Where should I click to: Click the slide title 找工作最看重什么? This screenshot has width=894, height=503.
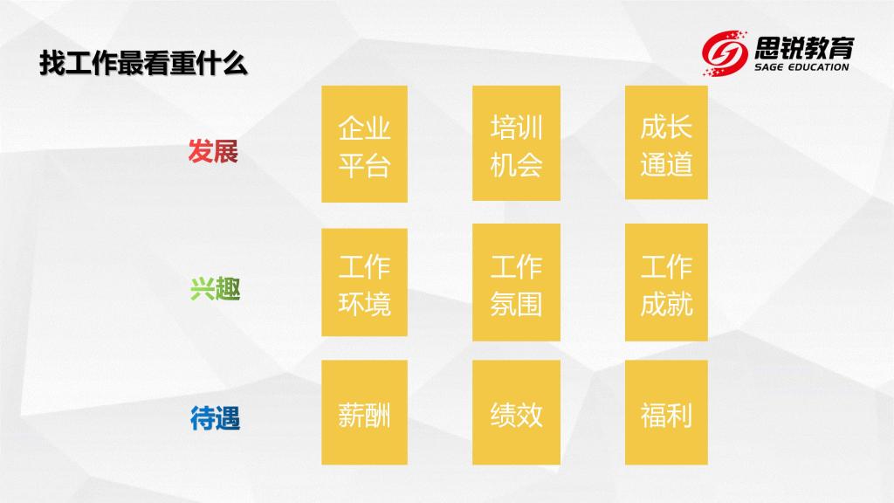click(x=143, y=63)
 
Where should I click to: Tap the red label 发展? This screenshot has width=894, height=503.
click(x=213, y=152)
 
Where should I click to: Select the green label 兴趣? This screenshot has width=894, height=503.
click(x=215, y=288)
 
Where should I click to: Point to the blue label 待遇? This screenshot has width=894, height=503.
click(x=215, y=418)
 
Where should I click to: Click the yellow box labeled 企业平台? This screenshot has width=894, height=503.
click(x=364, y=144)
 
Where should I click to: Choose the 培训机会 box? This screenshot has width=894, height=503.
click(x=516, y=143)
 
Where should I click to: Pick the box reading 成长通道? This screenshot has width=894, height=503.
click(x=666, y=142)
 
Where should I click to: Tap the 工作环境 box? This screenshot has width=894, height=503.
click(x=364, y=282)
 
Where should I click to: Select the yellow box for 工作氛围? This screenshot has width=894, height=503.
click(x=516, y=282)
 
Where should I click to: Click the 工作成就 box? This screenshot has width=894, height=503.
click(x=666, y=282)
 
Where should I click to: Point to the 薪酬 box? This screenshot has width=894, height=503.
click(x=364, y=412)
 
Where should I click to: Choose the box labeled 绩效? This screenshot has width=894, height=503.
click(x=516, y=412)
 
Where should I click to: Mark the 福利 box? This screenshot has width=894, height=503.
click(x=666, y=412)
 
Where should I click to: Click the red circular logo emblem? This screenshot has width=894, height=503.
click(x=725, y=52)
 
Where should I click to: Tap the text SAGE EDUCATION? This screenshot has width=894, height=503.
click(x=801, y=66)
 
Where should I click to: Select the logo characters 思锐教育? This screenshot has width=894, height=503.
click(x=804, y=47)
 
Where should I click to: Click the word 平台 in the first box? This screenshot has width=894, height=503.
click(x=364, y=165)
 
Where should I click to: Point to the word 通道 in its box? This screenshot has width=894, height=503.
click(x=666, y=163)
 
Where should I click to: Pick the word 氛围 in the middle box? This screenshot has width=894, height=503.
click(x=516, y=303)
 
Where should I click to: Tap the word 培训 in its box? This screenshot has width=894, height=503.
click(x=516, y=127)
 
